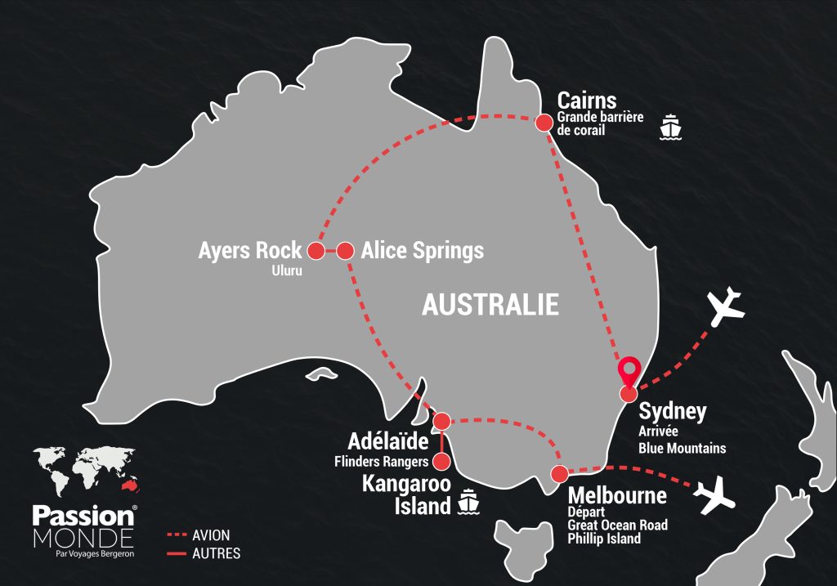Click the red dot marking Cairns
[x=542, y=123]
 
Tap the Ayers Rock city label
[x=250, y=250]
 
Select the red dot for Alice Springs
[x=345, y=251]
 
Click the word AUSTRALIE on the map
[x=490, y=305]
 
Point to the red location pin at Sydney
[x=629, y=373]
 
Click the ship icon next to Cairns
[x=671, y=127]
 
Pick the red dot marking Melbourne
[x=560, y=473]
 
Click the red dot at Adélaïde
[x=441, y=422]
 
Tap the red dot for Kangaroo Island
[x=441, y=462]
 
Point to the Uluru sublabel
[x=287, y=272]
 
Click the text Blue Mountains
[x=682, y=448]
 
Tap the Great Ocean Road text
[x=617, y=526]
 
